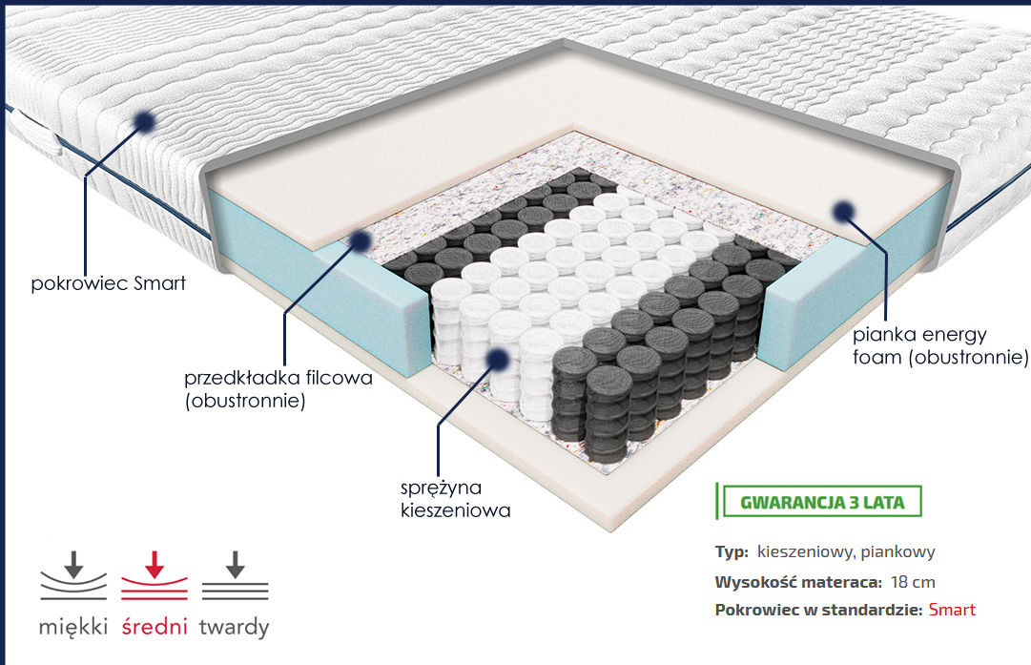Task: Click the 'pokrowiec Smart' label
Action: [108, 283]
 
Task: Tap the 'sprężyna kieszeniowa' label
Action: [456, 499]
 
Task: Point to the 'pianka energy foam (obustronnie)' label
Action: [940, 346]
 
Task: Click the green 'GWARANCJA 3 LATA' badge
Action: [822, 501]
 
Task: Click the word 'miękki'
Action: [74, 628]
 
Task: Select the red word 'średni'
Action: [155, 628]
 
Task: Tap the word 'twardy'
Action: [234, 628]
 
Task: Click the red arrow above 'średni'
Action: [154, 565]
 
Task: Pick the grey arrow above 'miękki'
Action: [74, 563]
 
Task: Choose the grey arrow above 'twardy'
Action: [235, 564]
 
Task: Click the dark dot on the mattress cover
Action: [144, 121]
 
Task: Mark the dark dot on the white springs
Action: [496, 358]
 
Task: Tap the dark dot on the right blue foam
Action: [842, 212]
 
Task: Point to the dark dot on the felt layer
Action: [361, 240]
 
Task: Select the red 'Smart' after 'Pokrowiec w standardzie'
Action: [952, 610]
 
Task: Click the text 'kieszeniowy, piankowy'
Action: [845, 551]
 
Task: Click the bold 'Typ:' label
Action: [732, 551]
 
